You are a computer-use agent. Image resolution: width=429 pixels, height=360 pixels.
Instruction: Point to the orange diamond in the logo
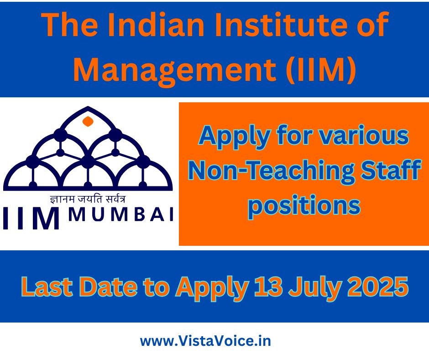[x=88, y=122]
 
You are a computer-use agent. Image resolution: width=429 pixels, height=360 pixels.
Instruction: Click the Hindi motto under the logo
[x=88, y=199]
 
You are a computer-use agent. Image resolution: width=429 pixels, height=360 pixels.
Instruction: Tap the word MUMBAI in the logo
[x=121, y=215]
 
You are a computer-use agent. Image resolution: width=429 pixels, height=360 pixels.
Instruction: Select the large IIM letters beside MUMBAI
[x=31, y=219]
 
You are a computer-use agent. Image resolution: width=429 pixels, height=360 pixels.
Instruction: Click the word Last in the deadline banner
[x=47, y=287]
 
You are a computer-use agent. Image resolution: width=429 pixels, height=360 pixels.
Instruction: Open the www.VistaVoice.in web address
[x=205, y=341]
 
